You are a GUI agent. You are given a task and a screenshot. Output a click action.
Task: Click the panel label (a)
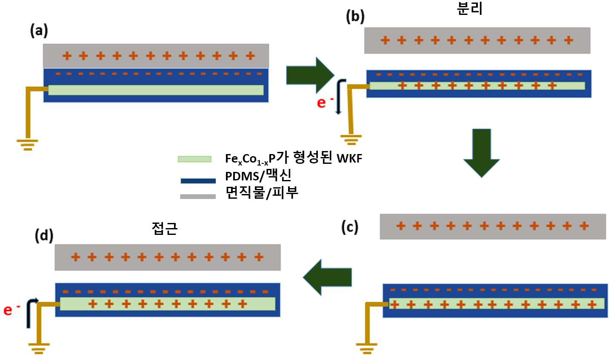coord(39,31)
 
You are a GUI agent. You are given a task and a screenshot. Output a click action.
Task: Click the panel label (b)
coord(355,17)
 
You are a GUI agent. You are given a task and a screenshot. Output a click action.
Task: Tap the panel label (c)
coord(350,227)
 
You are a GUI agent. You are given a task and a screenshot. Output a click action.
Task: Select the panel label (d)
coord(44,236)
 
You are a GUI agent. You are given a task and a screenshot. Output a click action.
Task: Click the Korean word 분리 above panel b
coord(470,8)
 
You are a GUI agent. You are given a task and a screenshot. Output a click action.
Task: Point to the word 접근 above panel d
coord(165,228)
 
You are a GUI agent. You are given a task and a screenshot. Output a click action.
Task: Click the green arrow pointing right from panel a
coord(311,75)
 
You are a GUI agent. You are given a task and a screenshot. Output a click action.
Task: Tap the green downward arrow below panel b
coord(482,153)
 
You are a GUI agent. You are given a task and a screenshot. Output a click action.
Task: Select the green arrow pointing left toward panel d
coord(327,277)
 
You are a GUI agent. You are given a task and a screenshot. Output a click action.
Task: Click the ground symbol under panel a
coord(27,145)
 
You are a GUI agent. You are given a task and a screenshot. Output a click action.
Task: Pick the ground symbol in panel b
coord(351,140)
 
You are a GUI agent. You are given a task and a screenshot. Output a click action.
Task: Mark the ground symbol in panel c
coord(367,348)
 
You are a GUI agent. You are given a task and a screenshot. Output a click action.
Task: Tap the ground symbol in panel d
coord(39,349)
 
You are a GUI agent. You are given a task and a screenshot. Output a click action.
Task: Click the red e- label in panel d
coord(11,310)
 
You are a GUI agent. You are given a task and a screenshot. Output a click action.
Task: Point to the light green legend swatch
coord(194,159)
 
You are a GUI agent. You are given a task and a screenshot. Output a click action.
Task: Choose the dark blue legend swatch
coord(198,181)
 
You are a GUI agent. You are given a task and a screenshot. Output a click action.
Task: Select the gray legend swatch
coord(198,196)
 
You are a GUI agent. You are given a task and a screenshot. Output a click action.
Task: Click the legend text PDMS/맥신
coord(258,175)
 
